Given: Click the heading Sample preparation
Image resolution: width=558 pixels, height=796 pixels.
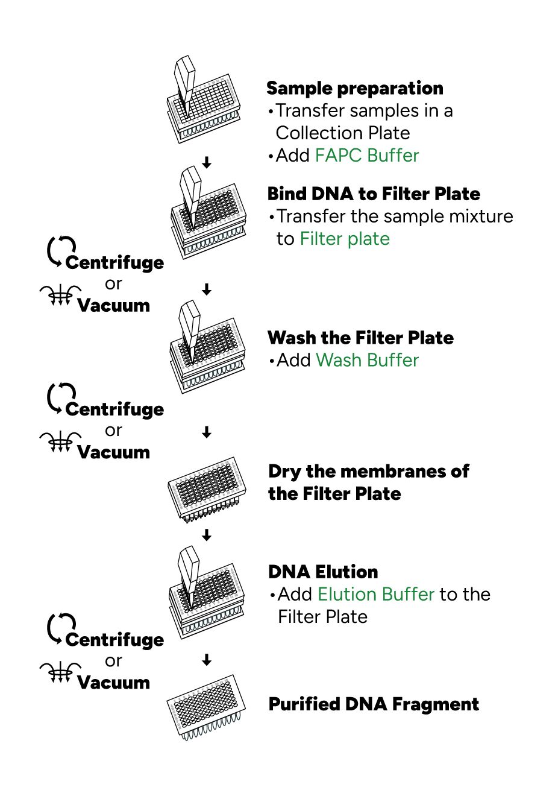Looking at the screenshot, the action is (354, 89).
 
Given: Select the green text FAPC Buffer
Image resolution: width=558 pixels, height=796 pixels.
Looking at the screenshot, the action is (367, 156).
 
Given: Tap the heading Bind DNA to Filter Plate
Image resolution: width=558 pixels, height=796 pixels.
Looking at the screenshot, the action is (374, 194).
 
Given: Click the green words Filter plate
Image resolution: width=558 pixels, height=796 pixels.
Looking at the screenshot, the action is (345, 238).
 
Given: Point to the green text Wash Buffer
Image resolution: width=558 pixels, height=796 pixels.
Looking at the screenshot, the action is (367, 360).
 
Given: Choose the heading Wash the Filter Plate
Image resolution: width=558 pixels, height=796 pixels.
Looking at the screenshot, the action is (360, 338).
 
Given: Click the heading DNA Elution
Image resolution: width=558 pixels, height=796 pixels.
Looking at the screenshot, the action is (323, 572).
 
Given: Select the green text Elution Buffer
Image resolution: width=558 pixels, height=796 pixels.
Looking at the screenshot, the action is (376, 594).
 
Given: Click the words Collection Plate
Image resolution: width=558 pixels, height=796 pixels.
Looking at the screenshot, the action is (343, 133).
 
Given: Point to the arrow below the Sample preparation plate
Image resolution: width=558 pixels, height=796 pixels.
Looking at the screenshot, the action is (206, 162).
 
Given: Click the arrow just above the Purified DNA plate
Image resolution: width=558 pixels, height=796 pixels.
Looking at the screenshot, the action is (206, 660).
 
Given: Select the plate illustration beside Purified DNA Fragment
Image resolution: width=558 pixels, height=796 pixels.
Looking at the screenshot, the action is (206, 707).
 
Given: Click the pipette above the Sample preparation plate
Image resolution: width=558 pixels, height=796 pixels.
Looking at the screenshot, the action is (186, 84).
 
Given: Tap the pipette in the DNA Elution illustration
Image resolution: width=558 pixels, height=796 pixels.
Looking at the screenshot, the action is (189, 576).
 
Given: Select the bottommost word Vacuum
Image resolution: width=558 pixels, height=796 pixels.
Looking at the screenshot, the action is (114, 682).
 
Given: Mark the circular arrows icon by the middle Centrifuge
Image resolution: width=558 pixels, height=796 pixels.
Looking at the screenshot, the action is (61, 398).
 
